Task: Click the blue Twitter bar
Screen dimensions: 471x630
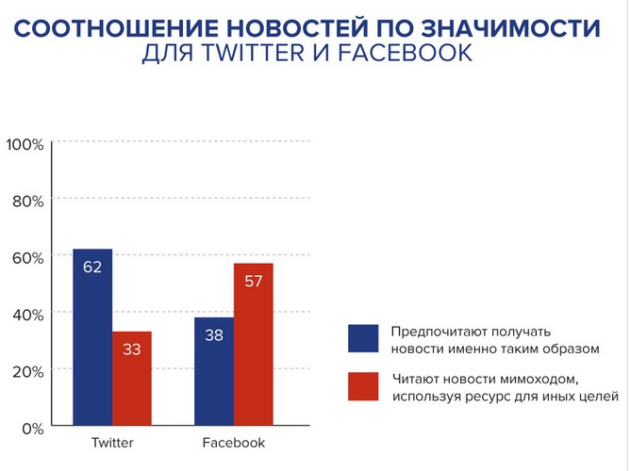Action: tap(92, 338)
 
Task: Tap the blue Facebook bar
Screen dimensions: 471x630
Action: tap(214, 371)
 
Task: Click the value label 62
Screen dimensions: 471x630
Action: tap(92, 268)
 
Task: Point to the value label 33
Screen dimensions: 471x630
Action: tap(132, 349)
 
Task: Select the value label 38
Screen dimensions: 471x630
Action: tap(214, 335)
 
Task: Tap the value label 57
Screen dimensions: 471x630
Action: tap(254, 281)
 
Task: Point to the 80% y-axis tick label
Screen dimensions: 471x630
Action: tap(27, 201)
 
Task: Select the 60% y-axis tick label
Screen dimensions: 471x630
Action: tap(27, 257)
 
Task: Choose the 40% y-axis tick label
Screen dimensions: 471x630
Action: tap(27, 314)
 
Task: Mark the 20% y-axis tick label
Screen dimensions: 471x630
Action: tap(27, 370)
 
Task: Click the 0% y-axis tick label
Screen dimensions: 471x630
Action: tap(31, 428)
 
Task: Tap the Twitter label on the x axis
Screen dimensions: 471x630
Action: tap(111, 443)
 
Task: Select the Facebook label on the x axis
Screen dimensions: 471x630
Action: tap(234, 443)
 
